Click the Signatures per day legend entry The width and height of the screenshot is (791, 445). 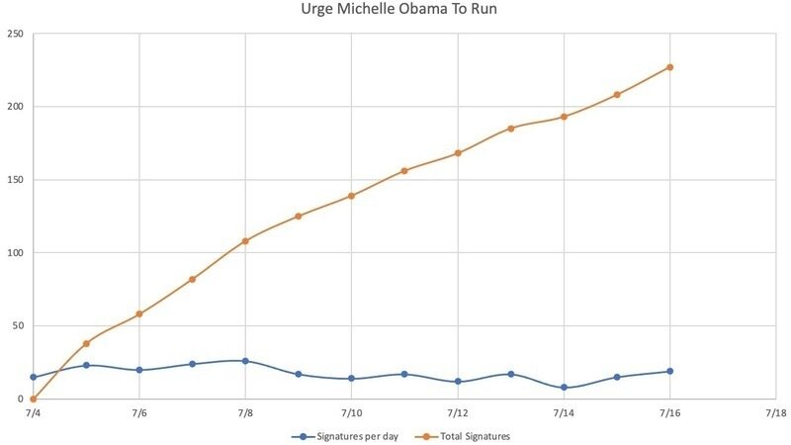pyautogui.click(x=351, y=436)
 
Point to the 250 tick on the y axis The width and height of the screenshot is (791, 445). pyautogui.click(x=15, y=34)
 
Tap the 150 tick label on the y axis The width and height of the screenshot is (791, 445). pyautogui.click(x=15, y=180)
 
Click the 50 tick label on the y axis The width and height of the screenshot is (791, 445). pyautogui.click(x=18, y=326)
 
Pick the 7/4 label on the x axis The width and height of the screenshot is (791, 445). pyautogui.click(x=33, y=412)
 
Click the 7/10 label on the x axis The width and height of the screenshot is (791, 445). pyautogui.click(x=351, y=412)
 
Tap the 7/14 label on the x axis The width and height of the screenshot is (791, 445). pyautogui.click(x=564, y=412)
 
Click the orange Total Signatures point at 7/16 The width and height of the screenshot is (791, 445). pyautogui.click(x=669, y=67)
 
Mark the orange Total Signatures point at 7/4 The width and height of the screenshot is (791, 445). pyautogui.click(x=33, y=400)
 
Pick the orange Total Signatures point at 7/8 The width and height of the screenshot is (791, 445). pyautogui.click(x=245, y=241)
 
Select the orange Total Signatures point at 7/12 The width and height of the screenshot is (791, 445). pyautogui.click(x=458, y=153)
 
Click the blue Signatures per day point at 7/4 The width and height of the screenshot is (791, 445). pyautogui.click(x=33, y=377)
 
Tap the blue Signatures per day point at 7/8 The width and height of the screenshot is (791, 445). pyautogui.click(x=245, y=361)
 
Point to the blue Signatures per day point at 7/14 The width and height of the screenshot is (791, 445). pyautogui.click(x=564, y=388)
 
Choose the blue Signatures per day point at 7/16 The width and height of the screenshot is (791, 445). pyautogui.click(x=669, y=372)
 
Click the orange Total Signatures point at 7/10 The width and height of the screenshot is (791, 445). pyautogui.click(x=351, y=196)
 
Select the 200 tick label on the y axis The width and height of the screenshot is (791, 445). pyautogui.click(x=15, y=107)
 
